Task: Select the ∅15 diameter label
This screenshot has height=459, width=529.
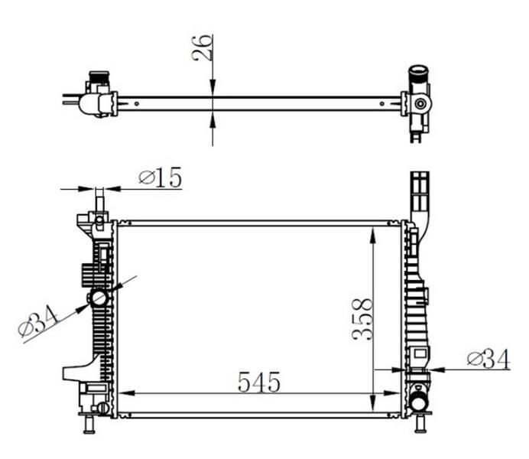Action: (161, 177)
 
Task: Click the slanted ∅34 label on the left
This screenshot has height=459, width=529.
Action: (38, 320)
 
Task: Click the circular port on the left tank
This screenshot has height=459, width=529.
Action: (99, 298)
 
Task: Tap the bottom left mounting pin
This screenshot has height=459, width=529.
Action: (88, 425)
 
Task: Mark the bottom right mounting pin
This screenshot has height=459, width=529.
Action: (419, 425)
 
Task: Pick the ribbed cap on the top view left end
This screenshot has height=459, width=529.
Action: (98, 79)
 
